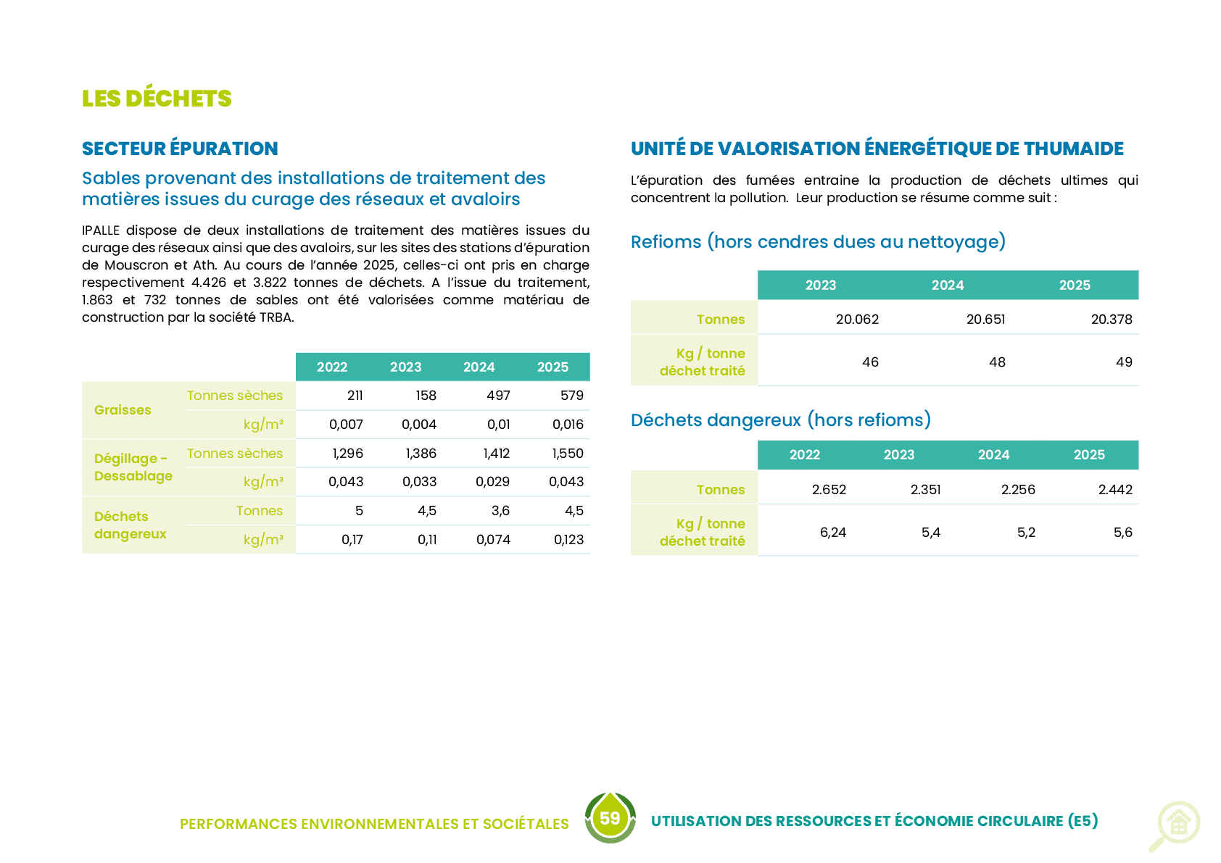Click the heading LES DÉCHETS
click(x=157, y=99)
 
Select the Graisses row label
click(x=123, y=409)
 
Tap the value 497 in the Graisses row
click(x=498, y=396)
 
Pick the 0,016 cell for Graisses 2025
click(x=568, y=425)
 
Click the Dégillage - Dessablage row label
click(x=133, y=467)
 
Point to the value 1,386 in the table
click(x=421, y=454)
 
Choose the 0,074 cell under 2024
click(x=493, y=539)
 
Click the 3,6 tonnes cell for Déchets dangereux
click(x=500, y=511)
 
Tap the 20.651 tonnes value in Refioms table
click(x=985, y=320)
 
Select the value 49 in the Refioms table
click(x=1124, y=362)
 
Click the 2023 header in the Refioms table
click(x=820, y=285)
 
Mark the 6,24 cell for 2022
click(x=833, y=533)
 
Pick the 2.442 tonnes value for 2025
click(x=1115, y=489)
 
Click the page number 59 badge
click(x=610, y=818)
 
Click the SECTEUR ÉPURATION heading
click(x=180, y=149)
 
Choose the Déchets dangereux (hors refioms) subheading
click(x=781, y=420)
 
